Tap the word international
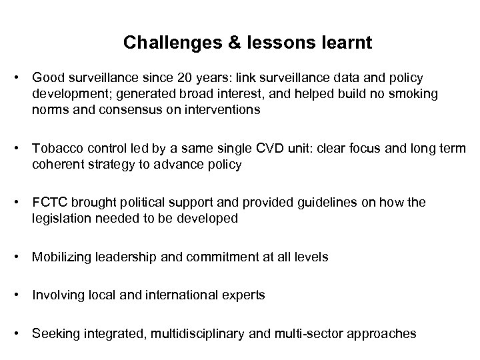(x=191, y=295)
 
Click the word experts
(x=245, y=295)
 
